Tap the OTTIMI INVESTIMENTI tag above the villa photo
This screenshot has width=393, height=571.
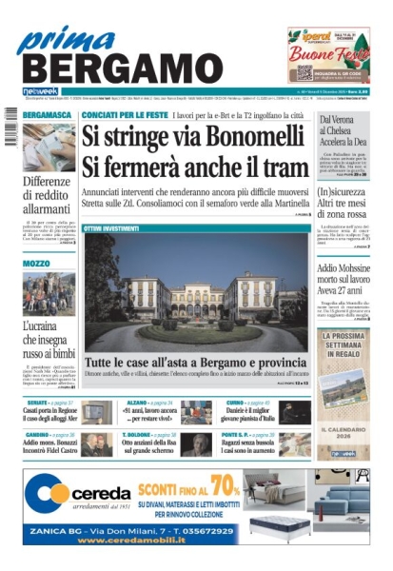pos(111,228)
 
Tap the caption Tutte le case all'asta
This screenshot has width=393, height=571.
pos(194,364)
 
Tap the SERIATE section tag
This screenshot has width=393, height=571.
pos(37,404)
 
